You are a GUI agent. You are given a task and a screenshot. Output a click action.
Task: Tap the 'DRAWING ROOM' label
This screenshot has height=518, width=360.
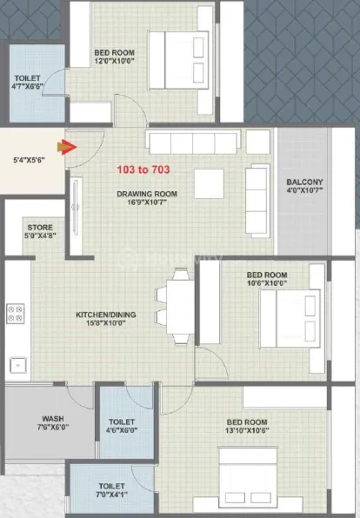tap(148, 194)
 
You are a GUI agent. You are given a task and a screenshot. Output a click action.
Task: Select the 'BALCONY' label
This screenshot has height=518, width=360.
tap(304, 183)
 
